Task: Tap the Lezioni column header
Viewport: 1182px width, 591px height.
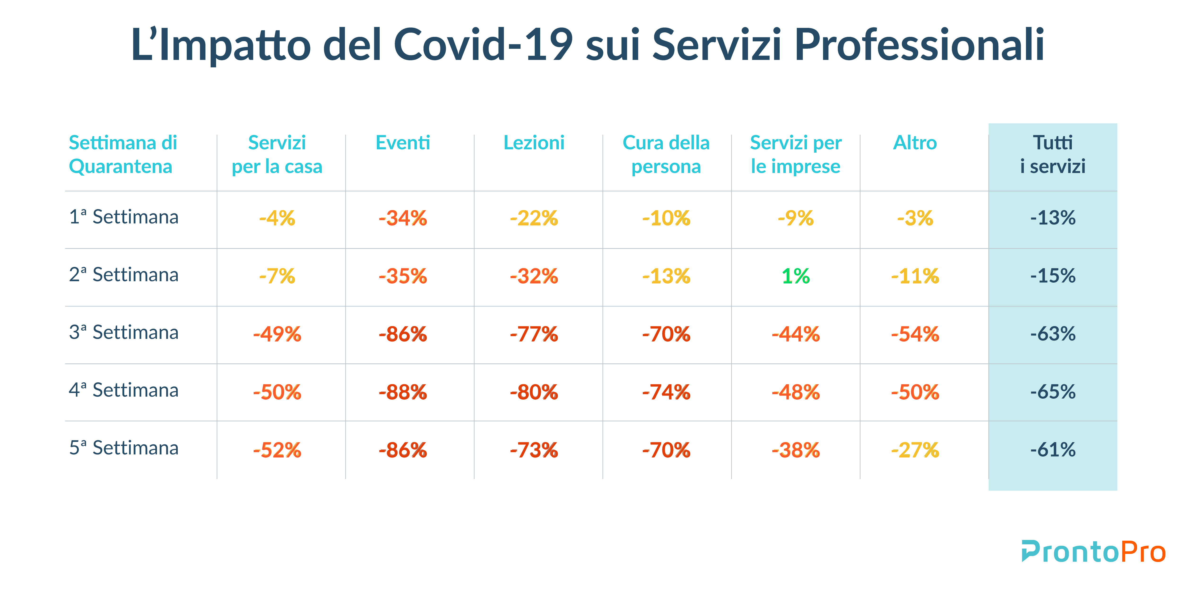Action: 534,142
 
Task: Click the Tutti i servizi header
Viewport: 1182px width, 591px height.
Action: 1053,155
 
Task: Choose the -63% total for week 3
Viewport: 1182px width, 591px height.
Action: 1053,334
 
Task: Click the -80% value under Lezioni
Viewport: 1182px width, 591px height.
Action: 534,392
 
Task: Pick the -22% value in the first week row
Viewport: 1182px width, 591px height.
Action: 534,218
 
